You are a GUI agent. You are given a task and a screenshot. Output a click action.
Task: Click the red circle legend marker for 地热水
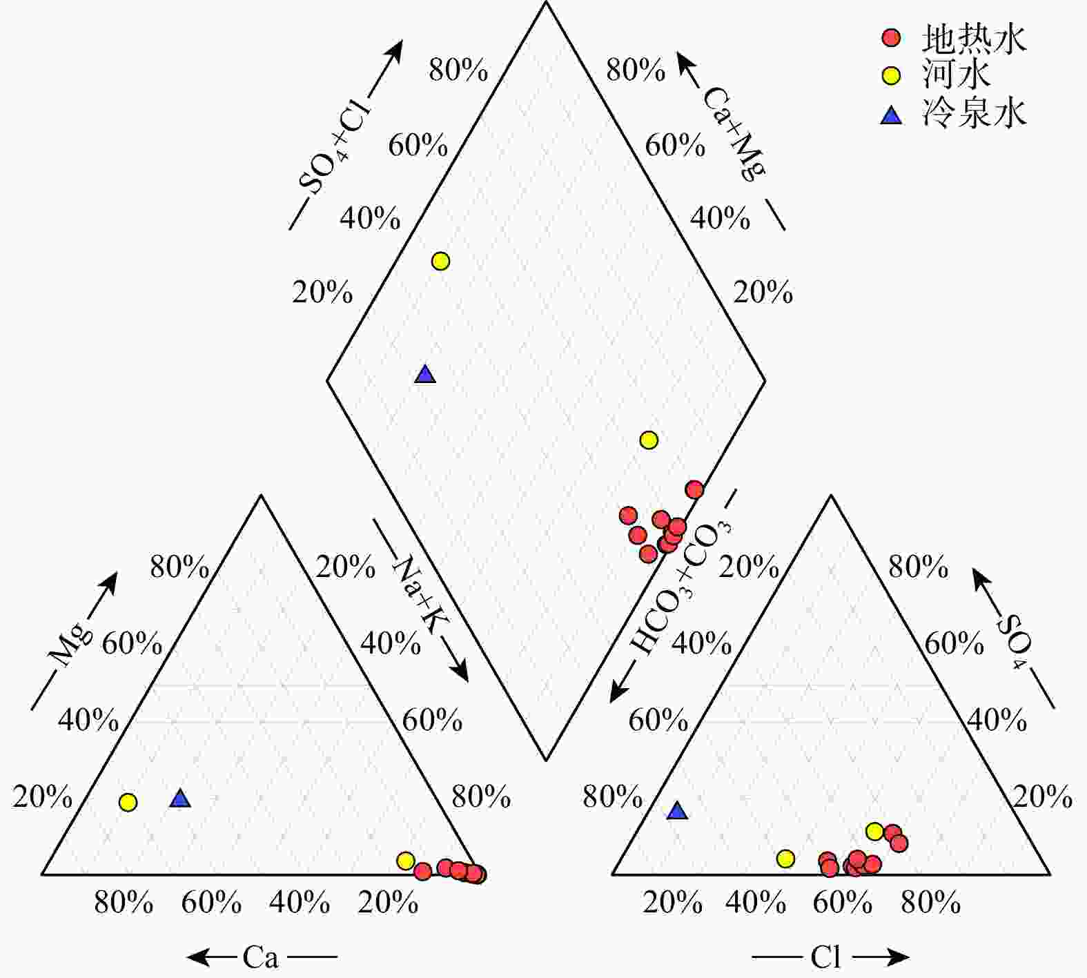coord(892,37)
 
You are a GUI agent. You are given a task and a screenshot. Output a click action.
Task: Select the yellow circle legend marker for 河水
coord(892,75)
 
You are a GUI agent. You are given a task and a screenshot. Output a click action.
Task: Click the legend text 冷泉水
coord(974,113)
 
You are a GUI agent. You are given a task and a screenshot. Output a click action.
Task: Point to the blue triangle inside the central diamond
coord(425,375)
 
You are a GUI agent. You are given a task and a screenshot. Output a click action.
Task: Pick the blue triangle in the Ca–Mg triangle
coord(180,799)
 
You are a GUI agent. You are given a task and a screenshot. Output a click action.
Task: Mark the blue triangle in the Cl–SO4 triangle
coord(678,811)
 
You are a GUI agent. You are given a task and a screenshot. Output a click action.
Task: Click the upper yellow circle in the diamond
coord(440,261)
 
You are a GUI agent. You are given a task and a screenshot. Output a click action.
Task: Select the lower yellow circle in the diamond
coord(649,440)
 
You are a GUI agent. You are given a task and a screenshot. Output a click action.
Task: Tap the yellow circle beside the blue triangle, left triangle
coord(128,802)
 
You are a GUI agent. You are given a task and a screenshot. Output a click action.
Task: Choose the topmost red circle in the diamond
coord(694,489)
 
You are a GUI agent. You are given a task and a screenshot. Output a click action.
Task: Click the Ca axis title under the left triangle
coord(260,957)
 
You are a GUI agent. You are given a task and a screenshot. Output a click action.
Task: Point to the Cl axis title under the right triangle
coord(825,957)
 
